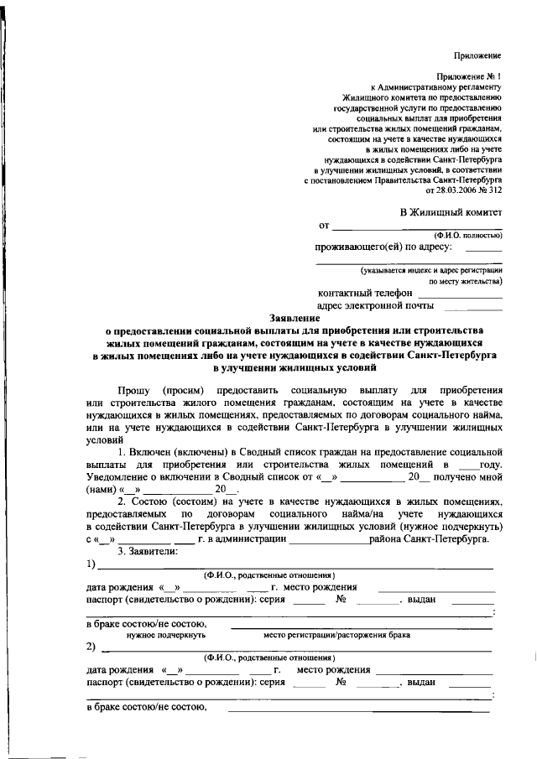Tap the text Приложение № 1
[x=472, y=76]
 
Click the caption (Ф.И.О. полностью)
[x=467, y=236]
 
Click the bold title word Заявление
[x=295, y=318]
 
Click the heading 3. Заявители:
[x=148, y=550]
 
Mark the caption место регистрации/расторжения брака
[x=336, y=635]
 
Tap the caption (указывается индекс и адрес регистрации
[x=431, y=270]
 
